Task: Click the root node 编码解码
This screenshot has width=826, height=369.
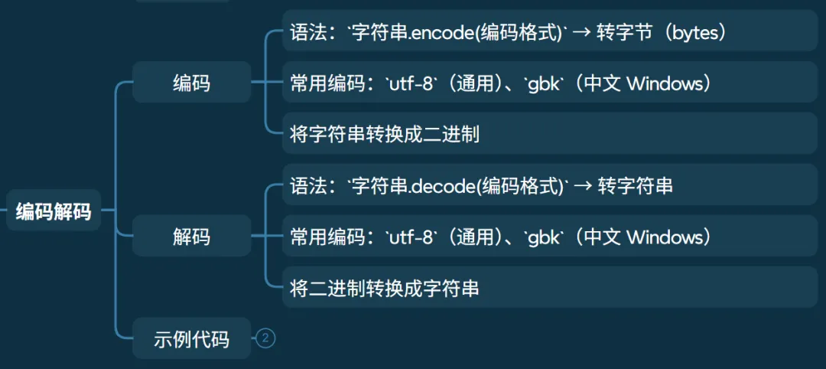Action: tap(54, 211)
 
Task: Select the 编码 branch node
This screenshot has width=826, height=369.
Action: tap(191, 83)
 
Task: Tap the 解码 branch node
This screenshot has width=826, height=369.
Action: tap(191, 237)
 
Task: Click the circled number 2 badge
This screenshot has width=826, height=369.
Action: tap(265, 338)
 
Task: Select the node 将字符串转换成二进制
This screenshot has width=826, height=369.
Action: tap(385, 135)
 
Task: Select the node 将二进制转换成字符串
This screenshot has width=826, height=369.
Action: tap(385, 289)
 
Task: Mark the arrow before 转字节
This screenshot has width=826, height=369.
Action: tap(582, 33)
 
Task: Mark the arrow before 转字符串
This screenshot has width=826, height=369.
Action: tap(582, 186)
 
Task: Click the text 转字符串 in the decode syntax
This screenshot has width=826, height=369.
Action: tap(636, 185)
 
